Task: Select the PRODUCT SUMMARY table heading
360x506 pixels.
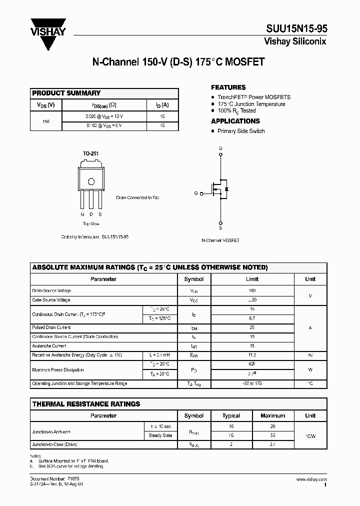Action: (x=66, y=93)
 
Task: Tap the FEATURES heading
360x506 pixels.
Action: (x=228, y=87)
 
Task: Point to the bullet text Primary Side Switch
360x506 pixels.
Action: (x=241, y=131)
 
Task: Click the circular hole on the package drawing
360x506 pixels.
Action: (x=91, y=181)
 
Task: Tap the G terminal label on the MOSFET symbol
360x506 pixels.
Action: (x=196, y=193)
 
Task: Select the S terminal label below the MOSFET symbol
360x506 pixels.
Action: (x=220, y=227)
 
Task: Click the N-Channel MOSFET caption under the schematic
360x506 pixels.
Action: (x=220, y=240)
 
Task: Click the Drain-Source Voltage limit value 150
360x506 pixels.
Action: (x=252, y=290)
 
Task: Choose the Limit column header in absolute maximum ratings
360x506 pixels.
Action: (x=252, y=279)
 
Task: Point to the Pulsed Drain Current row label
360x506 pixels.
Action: (x=51, y=327)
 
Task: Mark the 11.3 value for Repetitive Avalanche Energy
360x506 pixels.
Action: (x=252, y=355)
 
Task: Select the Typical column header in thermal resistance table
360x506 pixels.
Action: (x=231, y=415)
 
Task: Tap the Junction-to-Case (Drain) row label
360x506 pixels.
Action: (x=54, y=444)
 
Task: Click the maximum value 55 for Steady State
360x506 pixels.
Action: (x=273, y=435)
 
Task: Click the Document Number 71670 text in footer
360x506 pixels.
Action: (x=52, y=479)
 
